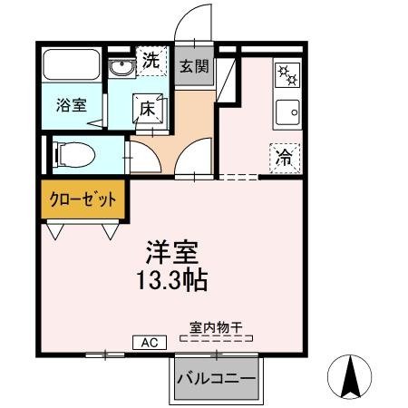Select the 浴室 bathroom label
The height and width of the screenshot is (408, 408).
pos(73,103)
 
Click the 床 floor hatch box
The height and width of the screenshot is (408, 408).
pos(148,108)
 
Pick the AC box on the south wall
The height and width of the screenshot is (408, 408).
pos(150,342)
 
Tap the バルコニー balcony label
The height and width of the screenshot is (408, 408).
pos(216,378)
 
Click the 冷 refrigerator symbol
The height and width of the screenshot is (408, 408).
pos(284,156)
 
